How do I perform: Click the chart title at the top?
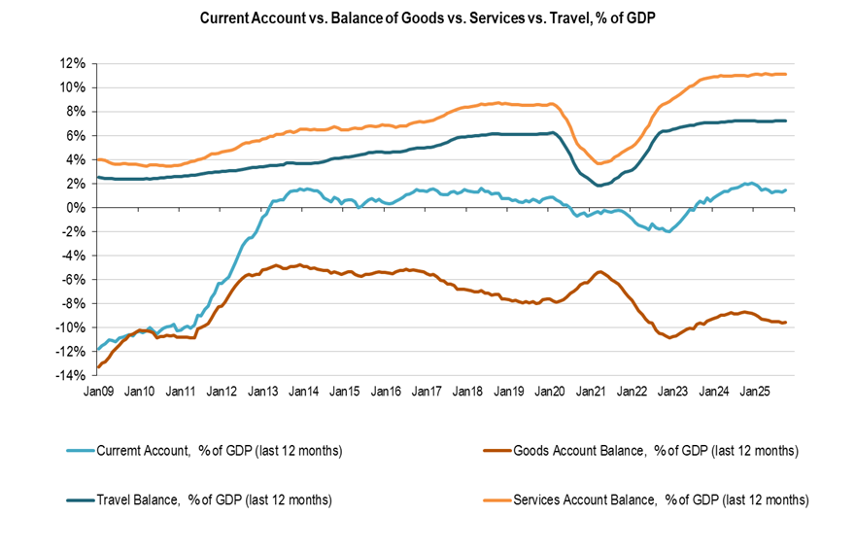[427, 18]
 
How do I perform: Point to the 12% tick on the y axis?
[74, 63]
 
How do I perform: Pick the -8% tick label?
[75, 303]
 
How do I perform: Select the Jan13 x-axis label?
[264, 392]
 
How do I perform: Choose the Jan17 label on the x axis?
[427, 392]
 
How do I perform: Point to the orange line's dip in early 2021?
[600, 163]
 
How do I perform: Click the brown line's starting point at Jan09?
[98, 367]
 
